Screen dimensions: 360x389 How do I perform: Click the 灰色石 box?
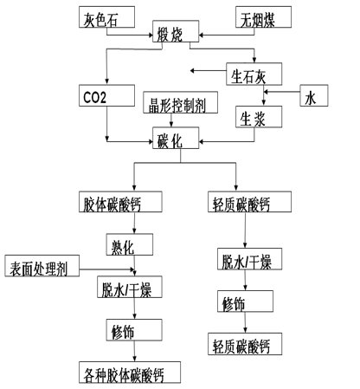[106, 17]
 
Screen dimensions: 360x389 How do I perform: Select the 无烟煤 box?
[263, 17]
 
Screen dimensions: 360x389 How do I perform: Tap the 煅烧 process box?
[176, 31]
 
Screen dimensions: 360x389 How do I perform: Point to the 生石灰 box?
[254, 74]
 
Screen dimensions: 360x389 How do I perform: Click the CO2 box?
[106, 95]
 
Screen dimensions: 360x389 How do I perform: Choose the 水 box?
[314, 95]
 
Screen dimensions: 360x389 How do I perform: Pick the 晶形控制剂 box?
[181, 102]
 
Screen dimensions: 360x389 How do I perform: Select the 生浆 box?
[259, 117]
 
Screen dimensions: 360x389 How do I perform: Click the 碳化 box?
[176, 138]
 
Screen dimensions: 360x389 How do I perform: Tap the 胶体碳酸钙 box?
[120, 202]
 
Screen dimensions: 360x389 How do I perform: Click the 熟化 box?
[130, 244]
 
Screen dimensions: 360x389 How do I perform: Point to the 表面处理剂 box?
[42, 266]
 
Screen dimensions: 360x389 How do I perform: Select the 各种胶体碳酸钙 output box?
[130, 373]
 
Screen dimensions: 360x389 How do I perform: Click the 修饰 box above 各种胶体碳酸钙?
[134, 330]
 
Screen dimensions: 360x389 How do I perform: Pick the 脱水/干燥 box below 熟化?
[130, 287]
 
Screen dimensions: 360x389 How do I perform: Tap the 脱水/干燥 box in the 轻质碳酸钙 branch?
[249, 259]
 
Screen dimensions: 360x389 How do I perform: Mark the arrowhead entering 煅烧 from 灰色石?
[151, 36]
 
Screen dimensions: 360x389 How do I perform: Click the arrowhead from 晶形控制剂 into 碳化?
[171, 125]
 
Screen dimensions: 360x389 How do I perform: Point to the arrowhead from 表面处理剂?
[133, 269]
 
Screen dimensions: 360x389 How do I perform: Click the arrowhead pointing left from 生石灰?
[192, 70]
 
